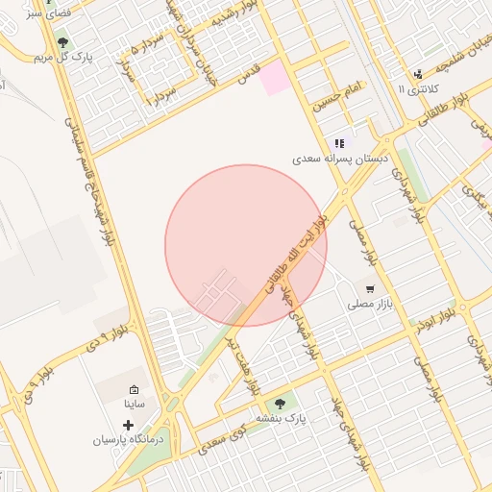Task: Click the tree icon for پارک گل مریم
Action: pos(63,42)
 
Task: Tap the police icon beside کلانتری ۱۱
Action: pos(417,74)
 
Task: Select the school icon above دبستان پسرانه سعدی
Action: pos(339,142)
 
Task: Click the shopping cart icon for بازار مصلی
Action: pos(370,288)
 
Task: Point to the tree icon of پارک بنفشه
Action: pos(280,405)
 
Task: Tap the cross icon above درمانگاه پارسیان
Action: pos(129,423)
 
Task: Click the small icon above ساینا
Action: pos(134,390)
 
